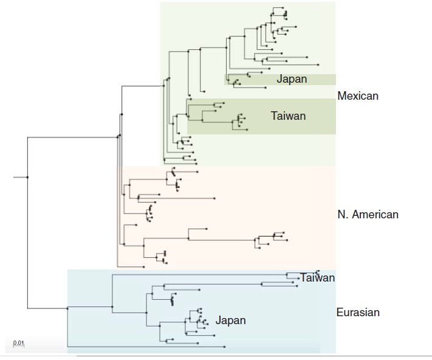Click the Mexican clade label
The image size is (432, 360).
click(358, 96)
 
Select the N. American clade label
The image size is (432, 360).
click(368, 215)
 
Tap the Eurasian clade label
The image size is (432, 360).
click(358, 313)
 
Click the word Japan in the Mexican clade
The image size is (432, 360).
click(292, 79)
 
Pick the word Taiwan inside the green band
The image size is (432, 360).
click(288, 116)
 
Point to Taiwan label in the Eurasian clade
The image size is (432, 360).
click(317, 278)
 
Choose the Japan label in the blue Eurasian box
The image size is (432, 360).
click(230, 320)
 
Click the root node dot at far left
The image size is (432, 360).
click(27, 177)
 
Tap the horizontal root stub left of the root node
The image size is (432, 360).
click(20, 177)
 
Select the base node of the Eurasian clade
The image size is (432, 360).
click(67, 308)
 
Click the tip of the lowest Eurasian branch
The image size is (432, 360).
click(225, 347)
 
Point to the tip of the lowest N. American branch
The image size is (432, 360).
click(143, 267)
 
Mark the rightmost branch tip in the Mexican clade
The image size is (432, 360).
click(317, 64)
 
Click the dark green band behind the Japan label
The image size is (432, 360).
click(316, 80)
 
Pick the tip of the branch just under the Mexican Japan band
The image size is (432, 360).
click(266, 87)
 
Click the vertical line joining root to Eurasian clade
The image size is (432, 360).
click(27, 243)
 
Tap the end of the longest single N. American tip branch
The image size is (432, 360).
click(215, 198)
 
